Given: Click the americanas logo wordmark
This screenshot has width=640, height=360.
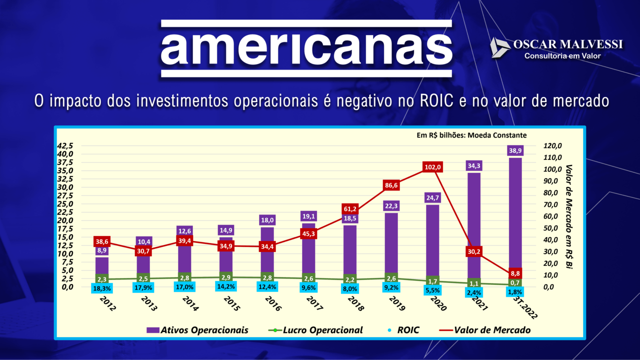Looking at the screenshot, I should (306, 48).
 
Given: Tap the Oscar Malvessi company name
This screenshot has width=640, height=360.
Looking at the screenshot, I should (568, 45).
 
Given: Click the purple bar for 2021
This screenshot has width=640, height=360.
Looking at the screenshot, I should (473, 225).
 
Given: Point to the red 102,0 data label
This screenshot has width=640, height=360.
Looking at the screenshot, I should (432, 167).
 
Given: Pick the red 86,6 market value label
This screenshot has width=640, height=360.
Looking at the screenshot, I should (391, 185).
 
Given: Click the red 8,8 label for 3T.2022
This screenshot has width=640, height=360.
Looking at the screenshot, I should (515, 273).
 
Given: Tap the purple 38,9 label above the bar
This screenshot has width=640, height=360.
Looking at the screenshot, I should (515, 150).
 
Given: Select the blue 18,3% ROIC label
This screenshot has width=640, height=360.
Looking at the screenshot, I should (102, 288).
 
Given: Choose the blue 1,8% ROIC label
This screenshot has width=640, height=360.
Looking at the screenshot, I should (515, 292).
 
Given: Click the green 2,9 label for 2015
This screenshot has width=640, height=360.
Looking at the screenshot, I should (226, 277).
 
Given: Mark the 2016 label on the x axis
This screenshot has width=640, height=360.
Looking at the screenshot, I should (272, 303).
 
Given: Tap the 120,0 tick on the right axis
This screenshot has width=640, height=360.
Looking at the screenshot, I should (552, 146).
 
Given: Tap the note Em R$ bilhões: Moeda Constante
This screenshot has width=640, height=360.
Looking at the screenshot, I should (471, 135).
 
